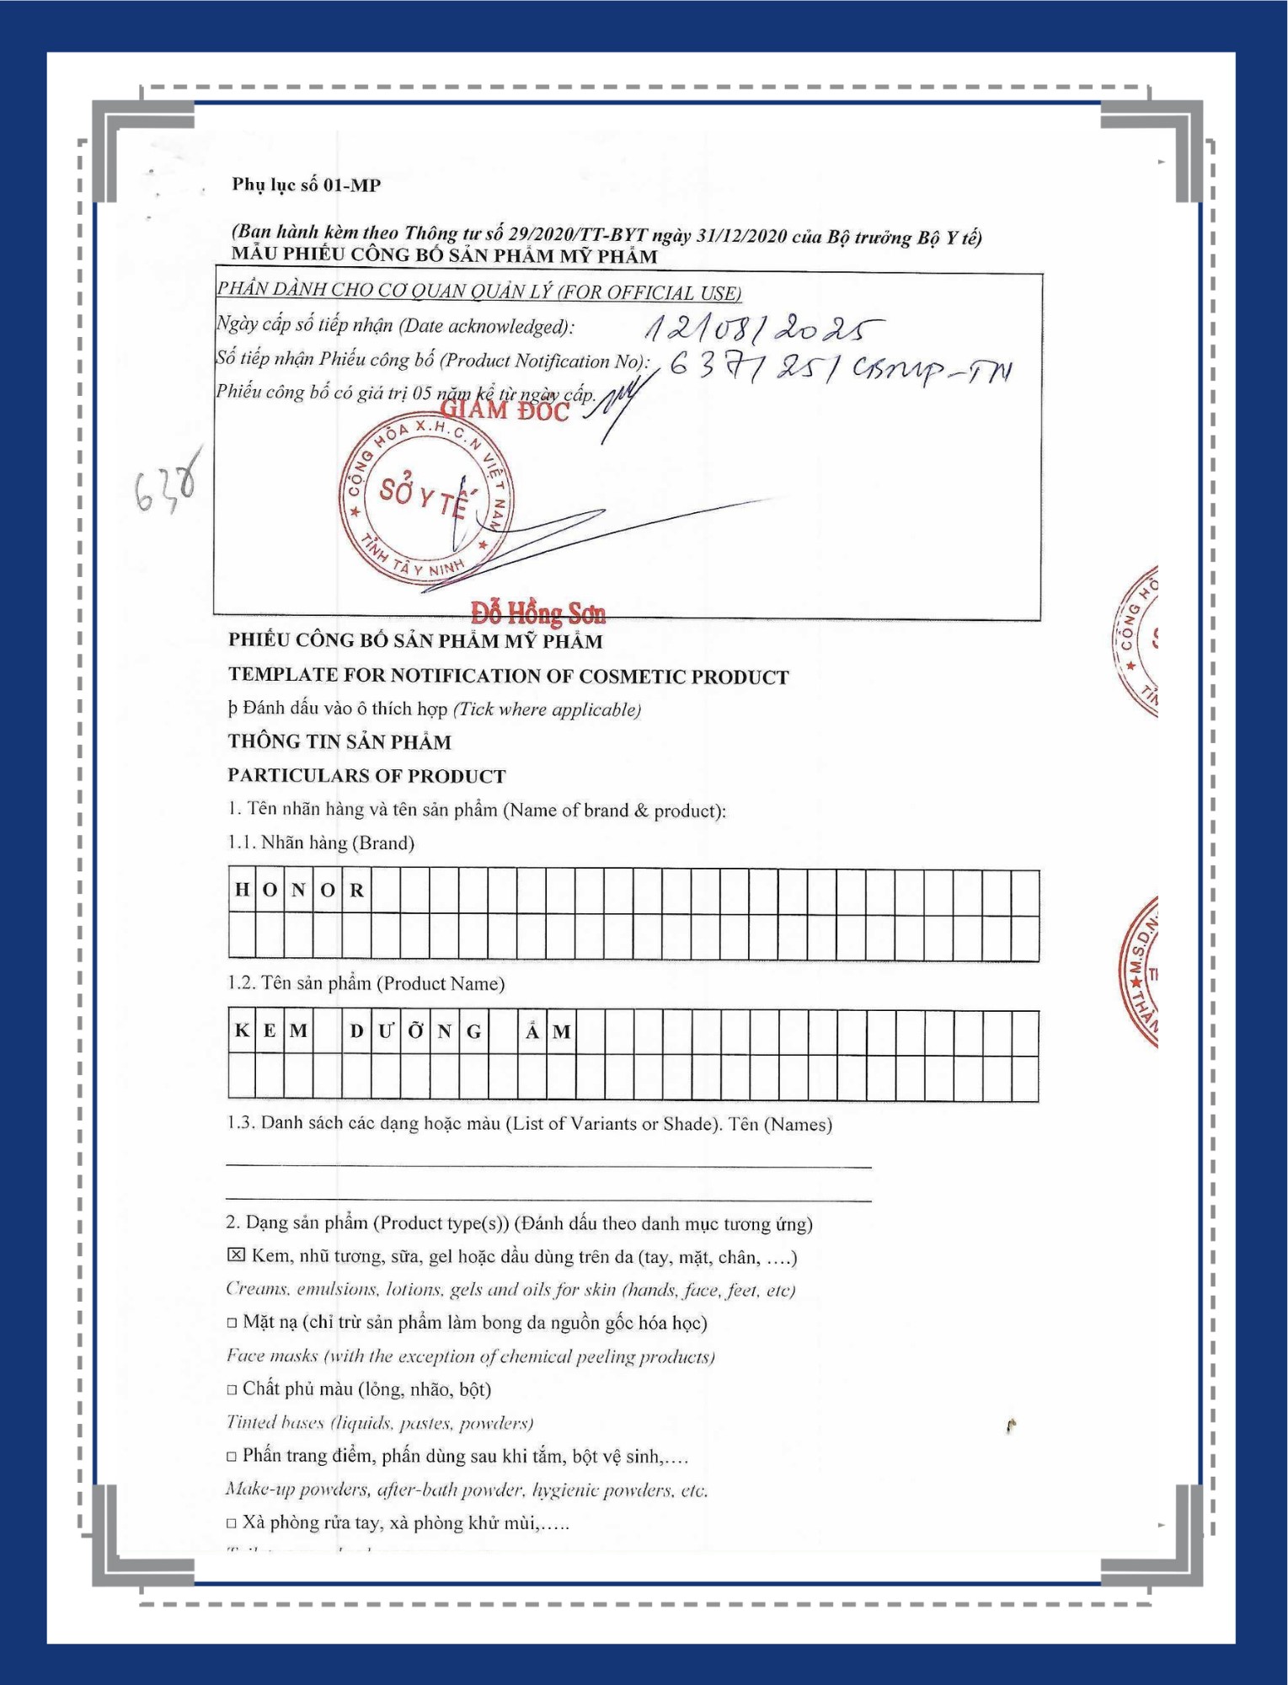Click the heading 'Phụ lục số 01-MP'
coord(306,185)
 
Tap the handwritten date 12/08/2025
coord(762,327)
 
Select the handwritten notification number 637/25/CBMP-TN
coord(839,367)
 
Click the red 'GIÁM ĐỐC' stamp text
coord(505,410)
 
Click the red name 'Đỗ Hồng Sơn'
coord(537,612)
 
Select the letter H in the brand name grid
coord(242,890)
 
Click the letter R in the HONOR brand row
coord(357,890)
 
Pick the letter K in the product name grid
coord(242,1030)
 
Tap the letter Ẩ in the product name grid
coord(532,1030)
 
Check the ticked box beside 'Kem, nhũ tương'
coord(236,1255)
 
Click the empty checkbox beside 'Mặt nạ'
coord(232,1323)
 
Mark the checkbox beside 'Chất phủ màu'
coord(232,1389)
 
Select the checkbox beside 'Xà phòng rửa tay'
coord(232,1523)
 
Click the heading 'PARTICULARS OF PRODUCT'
coord(366,775)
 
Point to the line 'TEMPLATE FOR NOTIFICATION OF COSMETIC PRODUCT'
coord(508,676)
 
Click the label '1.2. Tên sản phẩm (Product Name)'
coord(366,983)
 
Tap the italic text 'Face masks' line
coord(470,1356)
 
